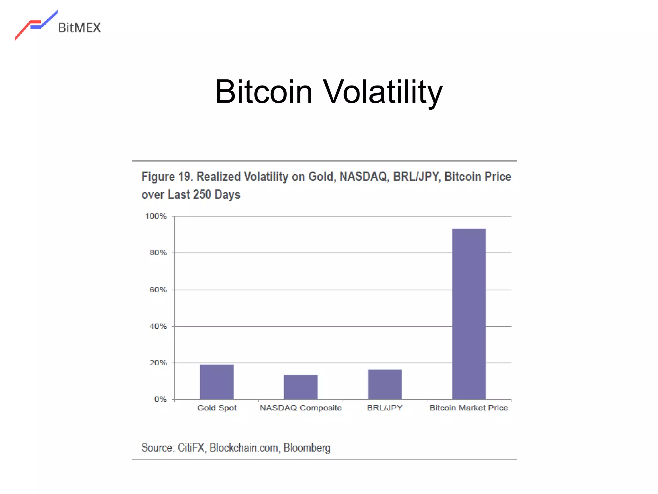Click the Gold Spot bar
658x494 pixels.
pos(217,382)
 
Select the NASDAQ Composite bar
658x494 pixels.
pos(301,387)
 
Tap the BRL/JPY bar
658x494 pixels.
pos(385,384)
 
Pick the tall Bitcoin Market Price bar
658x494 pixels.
pos(469,314)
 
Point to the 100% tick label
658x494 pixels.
pos(156,216)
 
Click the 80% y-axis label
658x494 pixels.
pos(158,253)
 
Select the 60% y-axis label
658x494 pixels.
pos(158,290)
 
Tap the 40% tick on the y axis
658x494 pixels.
pos(158,326)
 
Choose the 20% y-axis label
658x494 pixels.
pos(158,363)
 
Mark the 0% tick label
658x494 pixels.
pos(160,399)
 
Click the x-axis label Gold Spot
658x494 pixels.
pos(217,408)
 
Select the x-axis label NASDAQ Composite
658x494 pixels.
pos(301,408)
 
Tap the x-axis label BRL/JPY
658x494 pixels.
pos(385,408)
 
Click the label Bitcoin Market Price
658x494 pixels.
pos(469,408)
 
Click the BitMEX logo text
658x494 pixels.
pos(79,28)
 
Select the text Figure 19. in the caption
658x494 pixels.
pos(167,177)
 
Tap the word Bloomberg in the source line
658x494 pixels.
pos(307,448)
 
